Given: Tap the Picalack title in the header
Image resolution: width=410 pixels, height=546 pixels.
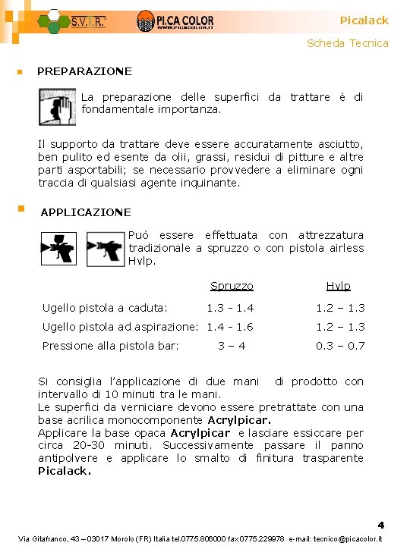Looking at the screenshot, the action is point(364,20).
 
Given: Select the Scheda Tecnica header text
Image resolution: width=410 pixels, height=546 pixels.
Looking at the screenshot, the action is point(347,43).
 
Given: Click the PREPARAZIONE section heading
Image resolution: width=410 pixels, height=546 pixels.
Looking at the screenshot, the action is point(84,71).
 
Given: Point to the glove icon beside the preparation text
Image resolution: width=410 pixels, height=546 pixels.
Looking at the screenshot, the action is point(58,106).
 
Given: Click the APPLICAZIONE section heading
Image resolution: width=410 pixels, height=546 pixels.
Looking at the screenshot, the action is point(86,212).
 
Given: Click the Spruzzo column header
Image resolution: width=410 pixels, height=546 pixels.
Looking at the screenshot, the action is point(232,286).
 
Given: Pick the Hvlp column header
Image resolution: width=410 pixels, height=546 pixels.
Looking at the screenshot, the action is point(338,286).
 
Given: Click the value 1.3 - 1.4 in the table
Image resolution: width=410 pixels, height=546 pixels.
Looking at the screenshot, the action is point(230,308).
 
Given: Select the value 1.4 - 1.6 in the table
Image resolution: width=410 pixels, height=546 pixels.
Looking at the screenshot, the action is point(230,327).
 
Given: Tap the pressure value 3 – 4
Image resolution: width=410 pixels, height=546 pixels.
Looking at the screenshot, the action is point(232,346).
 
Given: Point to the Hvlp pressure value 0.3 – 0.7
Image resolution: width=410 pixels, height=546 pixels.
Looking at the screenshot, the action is point(341,346).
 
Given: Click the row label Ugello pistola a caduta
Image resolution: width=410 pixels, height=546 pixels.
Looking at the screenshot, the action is point(105,308).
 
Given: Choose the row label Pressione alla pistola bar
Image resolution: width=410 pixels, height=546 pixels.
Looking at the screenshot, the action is point(110,346).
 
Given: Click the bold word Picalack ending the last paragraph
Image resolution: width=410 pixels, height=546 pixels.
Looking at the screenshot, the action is point(65,471).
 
